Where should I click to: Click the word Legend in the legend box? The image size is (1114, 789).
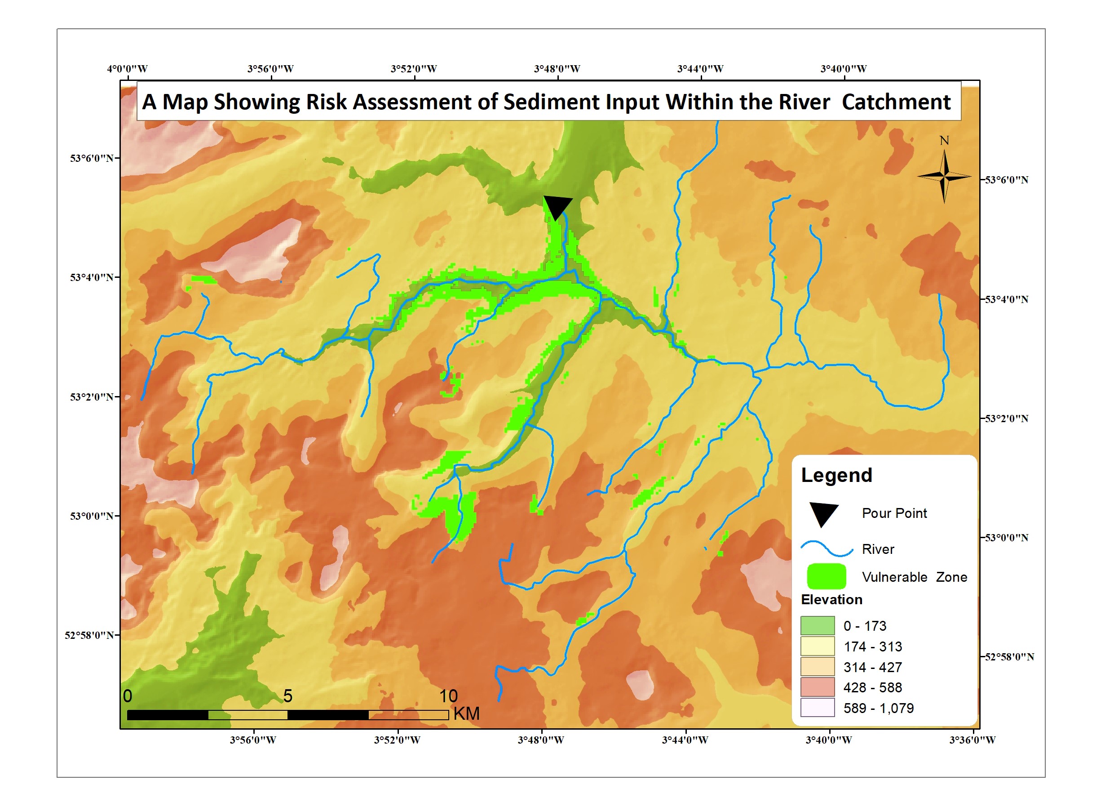pyautogui.click(x=836, y=475)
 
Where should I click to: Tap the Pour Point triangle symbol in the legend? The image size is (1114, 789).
pyautogui.click(x=823, y=514)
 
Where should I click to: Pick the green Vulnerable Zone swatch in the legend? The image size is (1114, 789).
pyautogui.click(x=826, y=577)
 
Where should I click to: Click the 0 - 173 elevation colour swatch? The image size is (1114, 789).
pyautogui.click(x=818, y=626)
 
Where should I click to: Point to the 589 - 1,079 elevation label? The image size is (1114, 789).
pyautogui.click(x=878, y=709)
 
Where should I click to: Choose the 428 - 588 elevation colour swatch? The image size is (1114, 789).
pyautogui.click(x=818, y=687)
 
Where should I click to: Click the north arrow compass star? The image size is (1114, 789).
pyautogui.click(x=944, y=176)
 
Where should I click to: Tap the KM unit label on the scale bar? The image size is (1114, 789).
pyautogui.click(x=466, y=713)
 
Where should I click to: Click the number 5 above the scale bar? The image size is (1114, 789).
pyautogui.click(x=288, y=696)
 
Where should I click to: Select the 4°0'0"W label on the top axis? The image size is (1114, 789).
pyautogui.click(x=127, y=69)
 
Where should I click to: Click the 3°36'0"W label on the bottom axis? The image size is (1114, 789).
pyautogui.click(x=972, y=740)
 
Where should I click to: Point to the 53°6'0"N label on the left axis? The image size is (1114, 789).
pyautogui.click(x=92, y=158)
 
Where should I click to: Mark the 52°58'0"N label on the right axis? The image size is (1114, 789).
pyautogui.click(x=1009, y=657)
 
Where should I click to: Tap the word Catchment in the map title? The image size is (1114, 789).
pyautogui.click(x=896, y=102)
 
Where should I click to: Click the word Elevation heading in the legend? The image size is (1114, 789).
pyautogui.click(x=831, y=600)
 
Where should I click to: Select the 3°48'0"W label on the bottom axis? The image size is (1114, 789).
pyautogui.click(x=541, y=740)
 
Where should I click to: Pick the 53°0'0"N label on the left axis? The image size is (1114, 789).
pyautogui.click(x=92, y=516)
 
